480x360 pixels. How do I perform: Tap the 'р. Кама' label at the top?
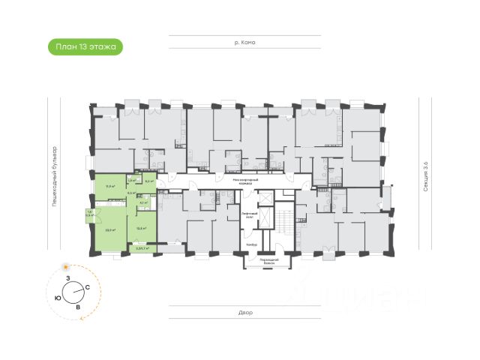pos(245,43)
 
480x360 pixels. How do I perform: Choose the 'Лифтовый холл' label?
pos(250,215)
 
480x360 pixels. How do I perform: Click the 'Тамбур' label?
pos(252,245)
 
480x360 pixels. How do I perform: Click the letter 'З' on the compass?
pos(68,279)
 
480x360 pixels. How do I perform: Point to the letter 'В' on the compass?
pos(77,306)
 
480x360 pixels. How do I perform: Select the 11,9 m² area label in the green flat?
pos(109,186)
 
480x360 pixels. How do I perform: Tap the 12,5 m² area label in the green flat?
pos(140,229)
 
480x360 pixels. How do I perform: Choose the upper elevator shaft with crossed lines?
pos(264,199)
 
